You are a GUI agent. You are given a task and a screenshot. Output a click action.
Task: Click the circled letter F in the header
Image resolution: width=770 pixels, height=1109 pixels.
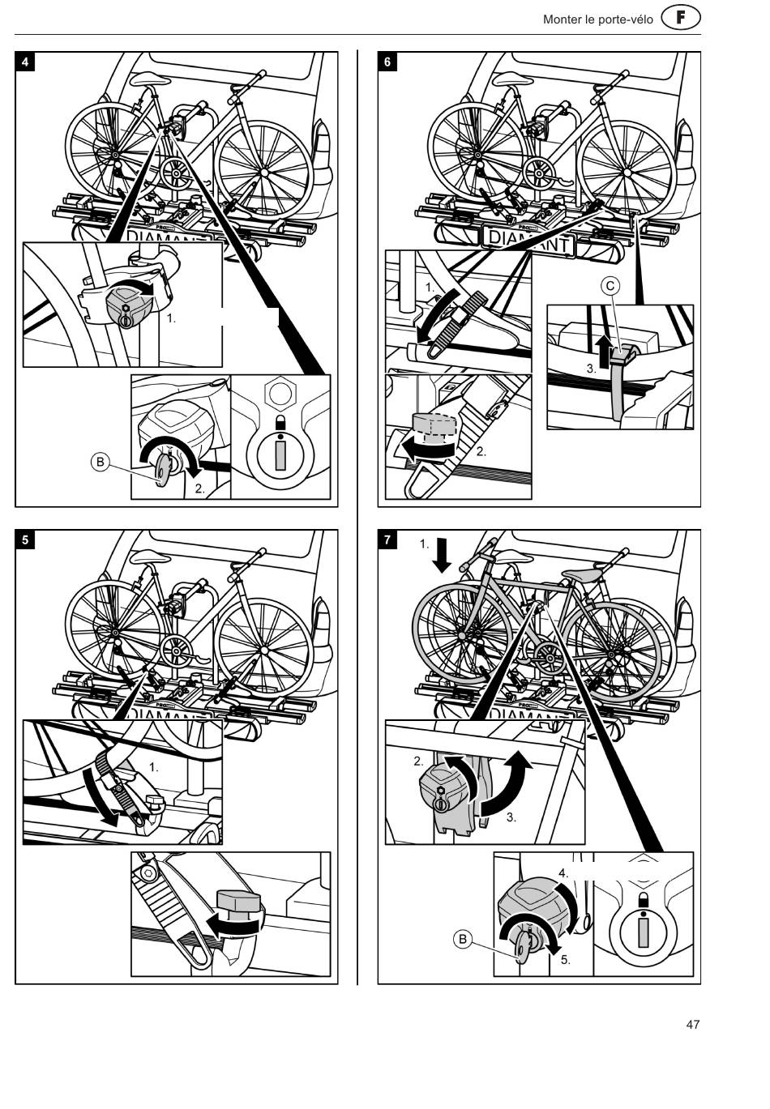pyautogui.click(x=681, y=19)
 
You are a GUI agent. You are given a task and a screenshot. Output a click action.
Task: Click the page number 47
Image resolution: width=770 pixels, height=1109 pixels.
pyautogui.click(x=693, y=1024)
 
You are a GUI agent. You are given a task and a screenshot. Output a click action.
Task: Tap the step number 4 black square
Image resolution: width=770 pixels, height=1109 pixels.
pyautogui.click(x=25, y=62)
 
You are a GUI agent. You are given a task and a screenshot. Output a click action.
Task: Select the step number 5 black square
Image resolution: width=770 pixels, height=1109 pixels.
pyautogui.click(x=25, y=540)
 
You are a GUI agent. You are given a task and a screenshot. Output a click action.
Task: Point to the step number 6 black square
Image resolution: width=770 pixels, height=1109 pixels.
pyautogui.click(x=387, y=62)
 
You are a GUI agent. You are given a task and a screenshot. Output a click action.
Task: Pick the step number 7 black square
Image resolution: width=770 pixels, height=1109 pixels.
pyautogui.click(x=387, y=540)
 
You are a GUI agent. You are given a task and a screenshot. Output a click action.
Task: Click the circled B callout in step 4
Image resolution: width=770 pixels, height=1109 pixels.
pyautogui.click(x=100, y=462)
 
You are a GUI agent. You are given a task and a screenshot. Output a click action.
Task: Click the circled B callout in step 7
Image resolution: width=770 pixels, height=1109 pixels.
pyautogui.click(x=463, y=939)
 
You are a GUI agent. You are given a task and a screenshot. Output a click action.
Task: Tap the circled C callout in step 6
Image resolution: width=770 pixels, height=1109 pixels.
pyautogui.click(x=610, y=286)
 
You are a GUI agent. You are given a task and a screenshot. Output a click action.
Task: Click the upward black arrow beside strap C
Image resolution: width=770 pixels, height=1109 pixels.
pyautogui.click(x=602, y=352)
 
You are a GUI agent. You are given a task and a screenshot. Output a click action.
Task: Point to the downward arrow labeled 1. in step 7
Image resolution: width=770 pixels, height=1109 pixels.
pyautogui.click(x=442, y=555)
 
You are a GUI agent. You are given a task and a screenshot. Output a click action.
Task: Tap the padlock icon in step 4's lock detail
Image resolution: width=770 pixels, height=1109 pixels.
pyautogui.click(x=281, y=422)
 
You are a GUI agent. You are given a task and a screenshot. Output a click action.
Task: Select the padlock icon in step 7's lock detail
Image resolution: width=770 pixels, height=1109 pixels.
pyautogui.click(x=644, y=898)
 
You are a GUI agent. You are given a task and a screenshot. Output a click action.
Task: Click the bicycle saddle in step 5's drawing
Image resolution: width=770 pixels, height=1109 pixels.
pyautogui.click(x=150, y=557)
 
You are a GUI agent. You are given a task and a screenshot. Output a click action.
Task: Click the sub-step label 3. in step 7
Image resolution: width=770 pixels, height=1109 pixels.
pyautogui.click(x=511, y=817)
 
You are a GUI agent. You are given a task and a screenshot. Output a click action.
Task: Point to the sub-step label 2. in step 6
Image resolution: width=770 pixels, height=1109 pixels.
pyautogui.click(x=481, y=451)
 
